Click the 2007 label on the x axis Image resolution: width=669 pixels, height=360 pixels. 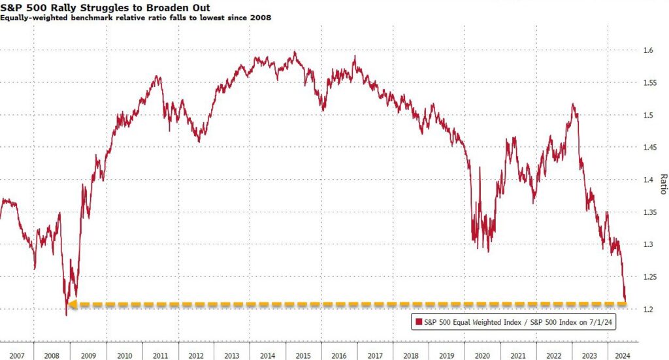pos(16,355)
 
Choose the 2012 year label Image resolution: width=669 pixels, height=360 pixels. pos(195,355)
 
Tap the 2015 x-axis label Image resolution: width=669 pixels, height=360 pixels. pos(302,355)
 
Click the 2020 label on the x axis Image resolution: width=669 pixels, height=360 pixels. pos(481,355)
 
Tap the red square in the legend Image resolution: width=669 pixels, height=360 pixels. pos(416,321)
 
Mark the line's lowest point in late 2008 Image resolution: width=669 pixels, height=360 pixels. pos(66,316)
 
